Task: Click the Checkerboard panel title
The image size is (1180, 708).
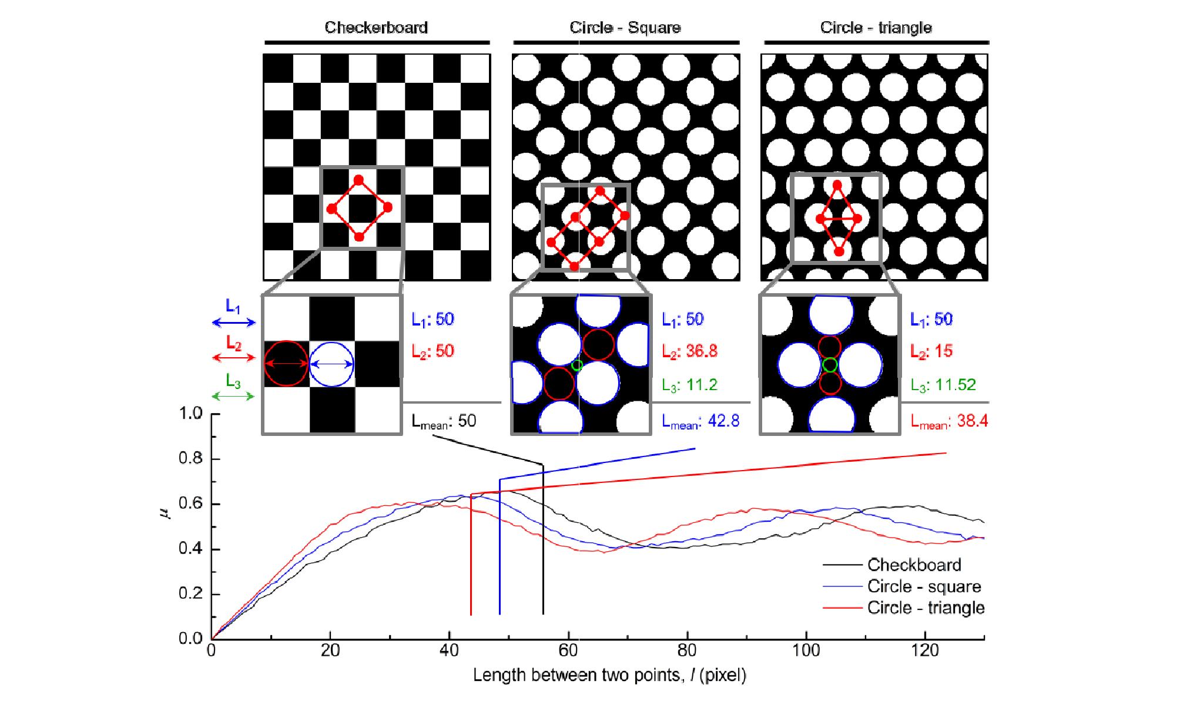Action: (376, 28)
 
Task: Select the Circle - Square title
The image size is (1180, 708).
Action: (625, 28)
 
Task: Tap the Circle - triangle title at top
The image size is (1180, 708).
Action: (876, 28)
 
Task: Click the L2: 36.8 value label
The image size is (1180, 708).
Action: (689, 351)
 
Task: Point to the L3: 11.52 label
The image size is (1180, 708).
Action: (943, 385)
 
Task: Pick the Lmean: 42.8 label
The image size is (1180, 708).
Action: (700, 421)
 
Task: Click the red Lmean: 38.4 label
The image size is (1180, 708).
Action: (948, 421)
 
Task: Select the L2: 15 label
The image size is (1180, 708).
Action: (931, 351)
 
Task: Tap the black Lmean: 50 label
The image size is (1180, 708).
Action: (444, 421)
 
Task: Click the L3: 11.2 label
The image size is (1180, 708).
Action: (689, 385)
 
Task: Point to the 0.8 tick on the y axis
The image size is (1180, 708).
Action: (190, 458)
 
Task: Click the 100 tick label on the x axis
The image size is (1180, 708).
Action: (806, 650)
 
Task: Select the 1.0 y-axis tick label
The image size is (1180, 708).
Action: (190, 413)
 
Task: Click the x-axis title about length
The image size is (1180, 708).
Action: (609, 675)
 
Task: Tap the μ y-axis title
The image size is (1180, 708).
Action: (164, 513)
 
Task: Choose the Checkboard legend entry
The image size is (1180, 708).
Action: (914, 565)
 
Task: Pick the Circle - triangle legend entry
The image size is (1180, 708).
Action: (926, 608)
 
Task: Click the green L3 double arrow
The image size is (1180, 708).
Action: (233, 396)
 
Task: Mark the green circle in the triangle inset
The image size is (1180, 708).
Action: (830, 365)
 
